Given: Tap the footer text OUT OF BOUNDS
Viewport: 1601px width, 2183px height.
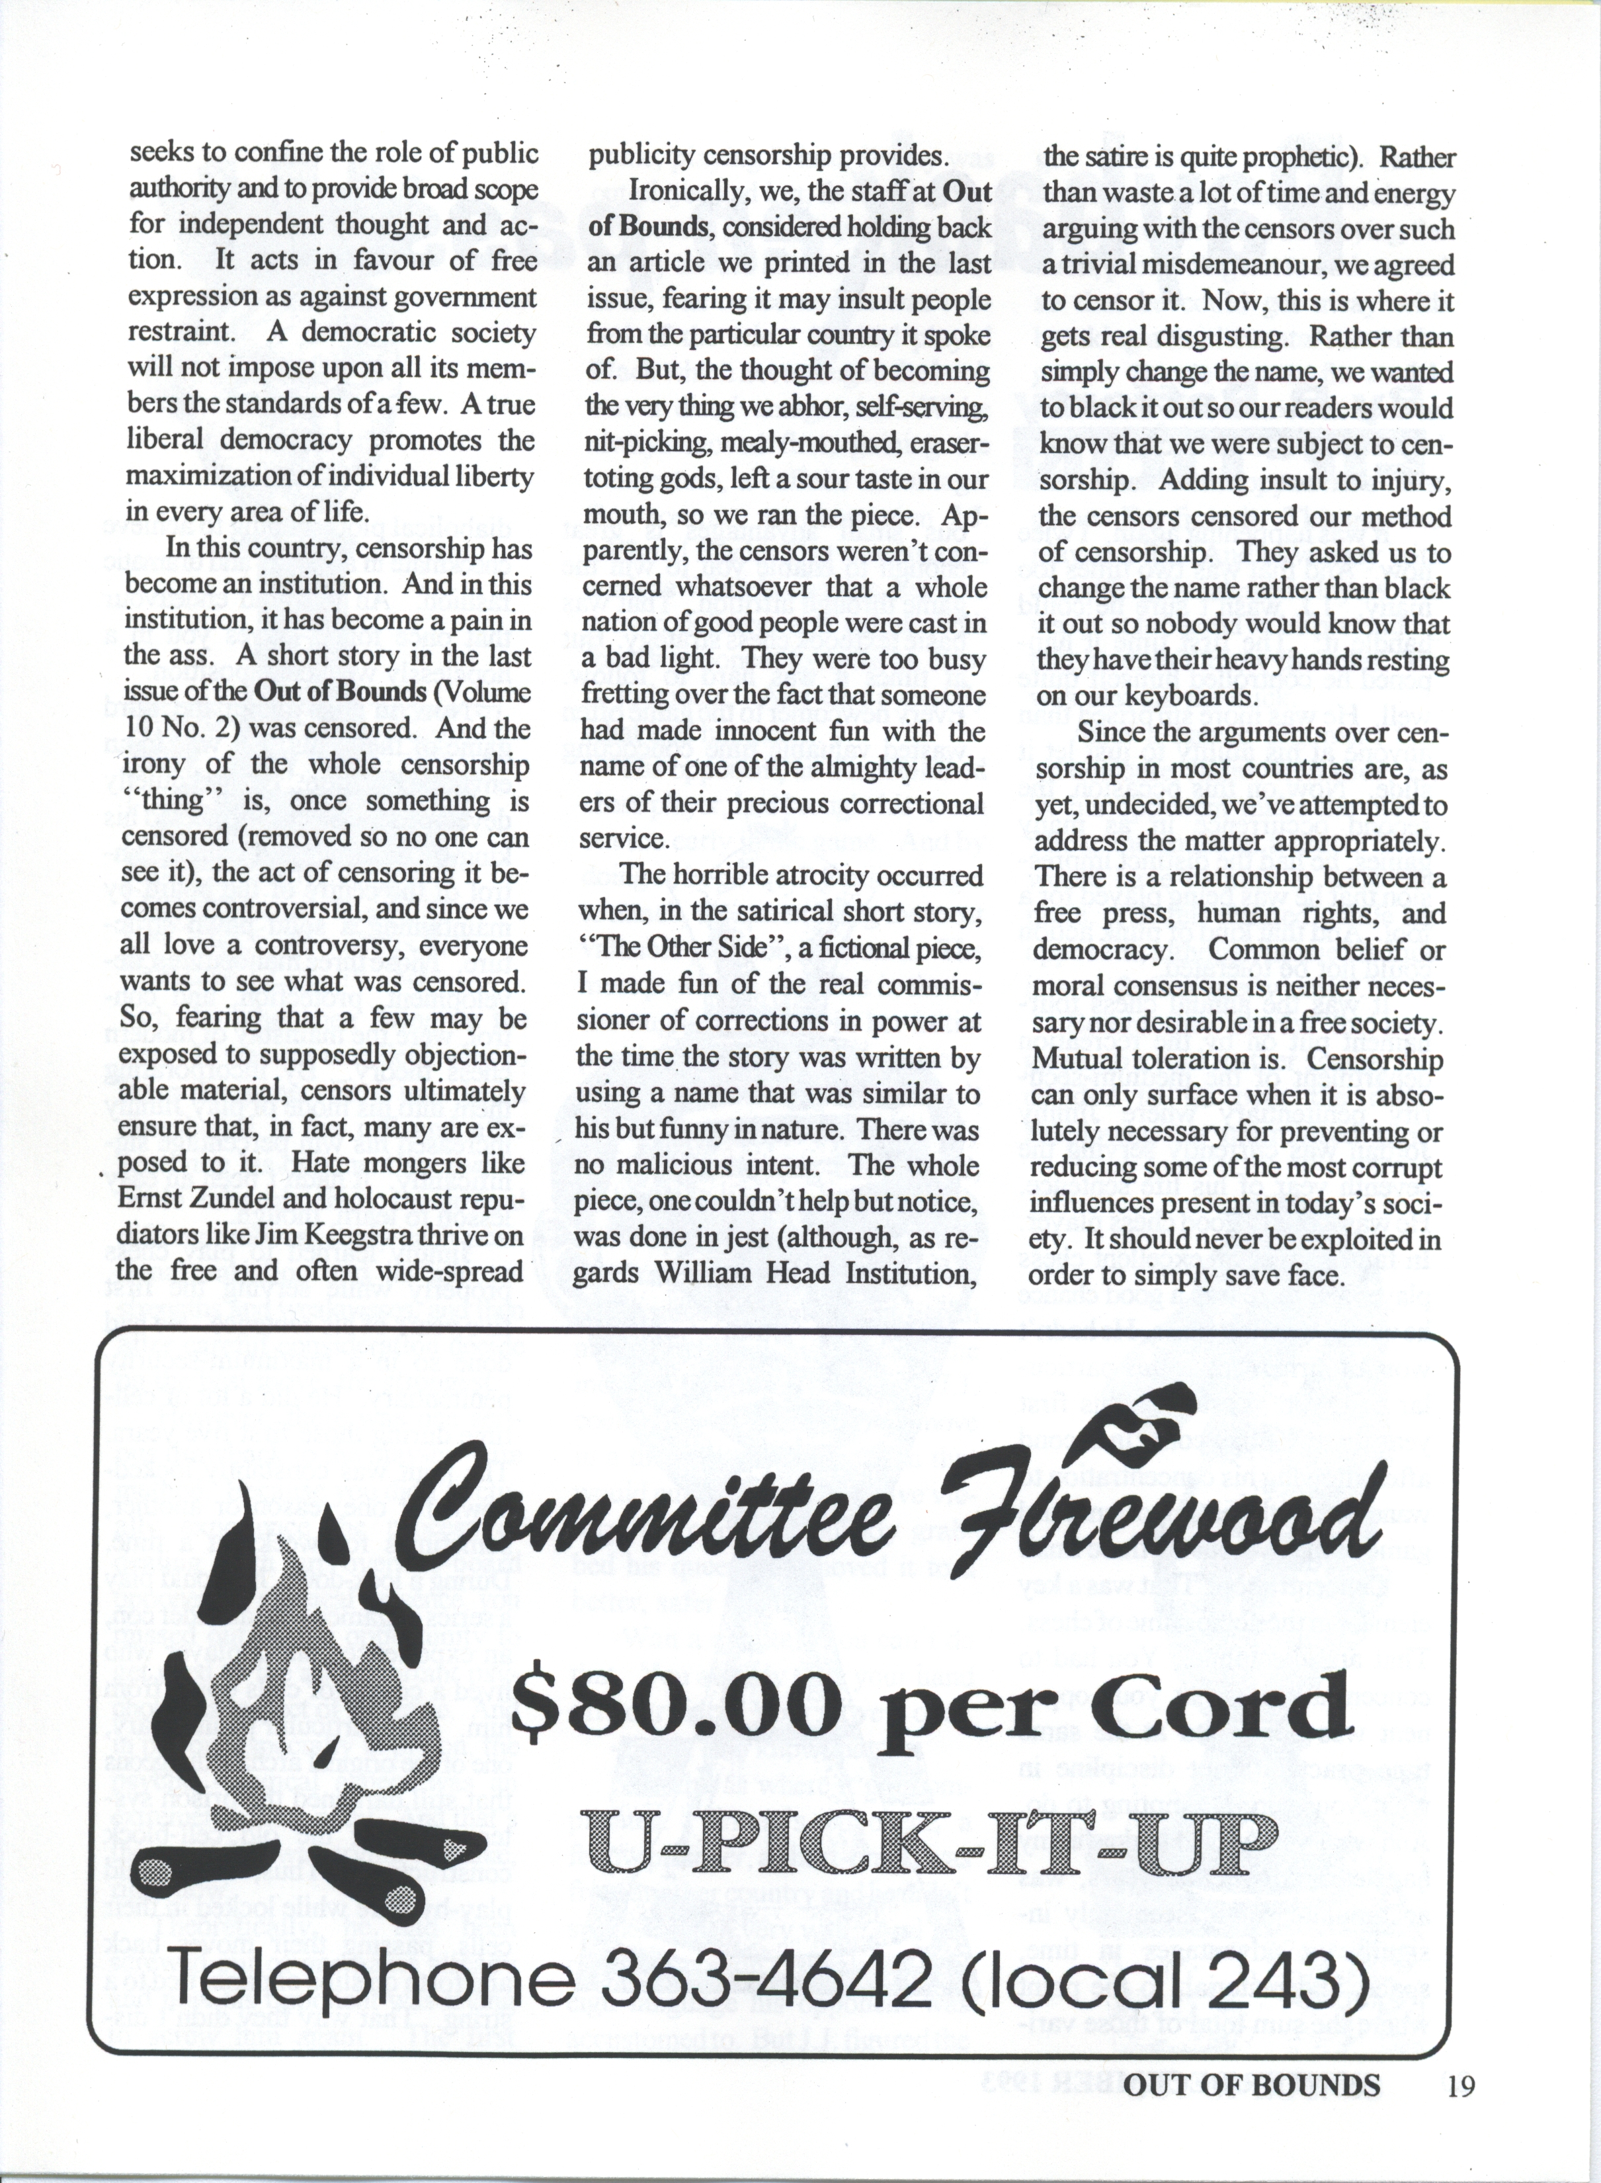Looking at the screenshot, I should click(1252, 2082).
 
